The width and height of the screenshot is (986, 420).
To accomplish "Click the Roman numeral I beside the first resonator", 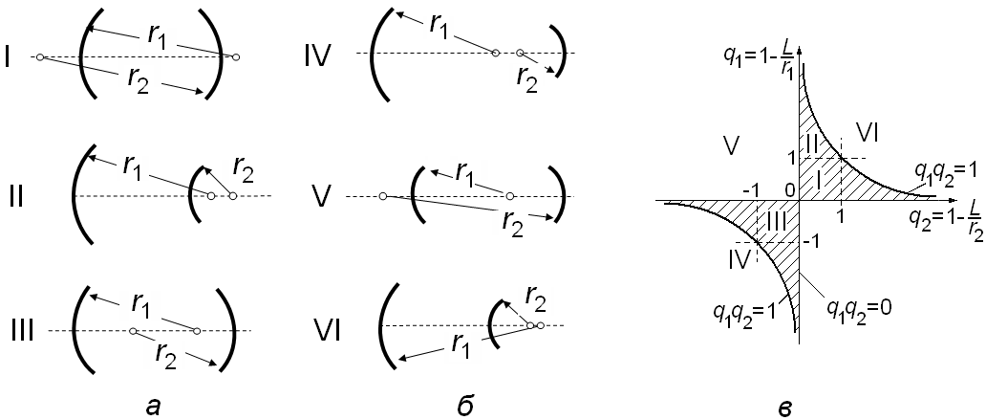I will (8, 59).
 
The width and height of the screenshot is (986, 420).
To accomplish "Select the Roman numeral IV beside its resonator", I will (316, 55).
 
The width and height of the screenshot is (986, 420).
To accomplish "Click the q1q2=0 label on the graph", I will (858, 311).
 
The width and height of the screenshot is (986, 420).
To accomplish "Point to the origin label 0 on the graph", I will (790, 188).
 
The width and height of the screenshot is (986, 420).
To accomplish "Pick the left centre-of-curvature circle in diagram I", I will (38, 58).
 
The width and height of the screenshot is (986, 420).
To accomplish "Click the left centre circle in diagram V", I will (382, 197).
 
